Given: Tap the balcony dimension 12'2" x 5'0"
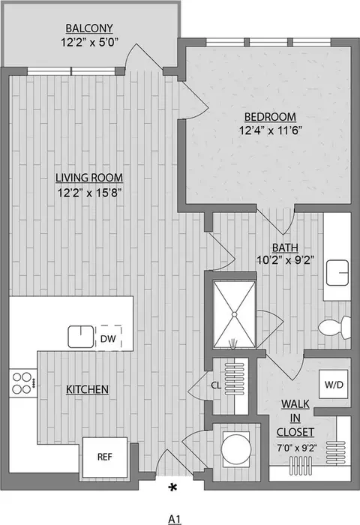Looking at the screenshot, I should point(88,43).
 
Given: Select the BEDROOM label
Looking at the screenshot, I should point(270,117).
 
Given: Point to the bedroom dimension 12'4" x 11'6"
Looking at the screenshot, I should point(270,130).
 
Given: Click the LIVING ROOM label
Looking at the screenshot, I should point(88,178).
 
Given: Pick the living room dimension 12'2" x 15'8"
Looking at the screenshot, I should point(88,191).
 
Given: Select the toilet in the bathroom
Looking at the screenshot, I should point(335,326).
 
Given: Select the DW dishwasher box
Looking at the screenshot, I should point(108,338).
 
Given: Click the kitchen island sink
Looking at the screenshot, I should point(80,337).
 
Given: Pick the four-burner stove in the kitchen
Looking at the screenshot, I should point(22,382).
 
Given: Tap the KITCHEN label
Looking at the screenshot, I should point(87,389).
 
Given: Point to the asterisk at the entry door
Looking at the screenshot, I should point(173,488).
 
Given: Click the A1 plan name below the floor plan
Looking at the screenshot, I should point(175,517).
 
